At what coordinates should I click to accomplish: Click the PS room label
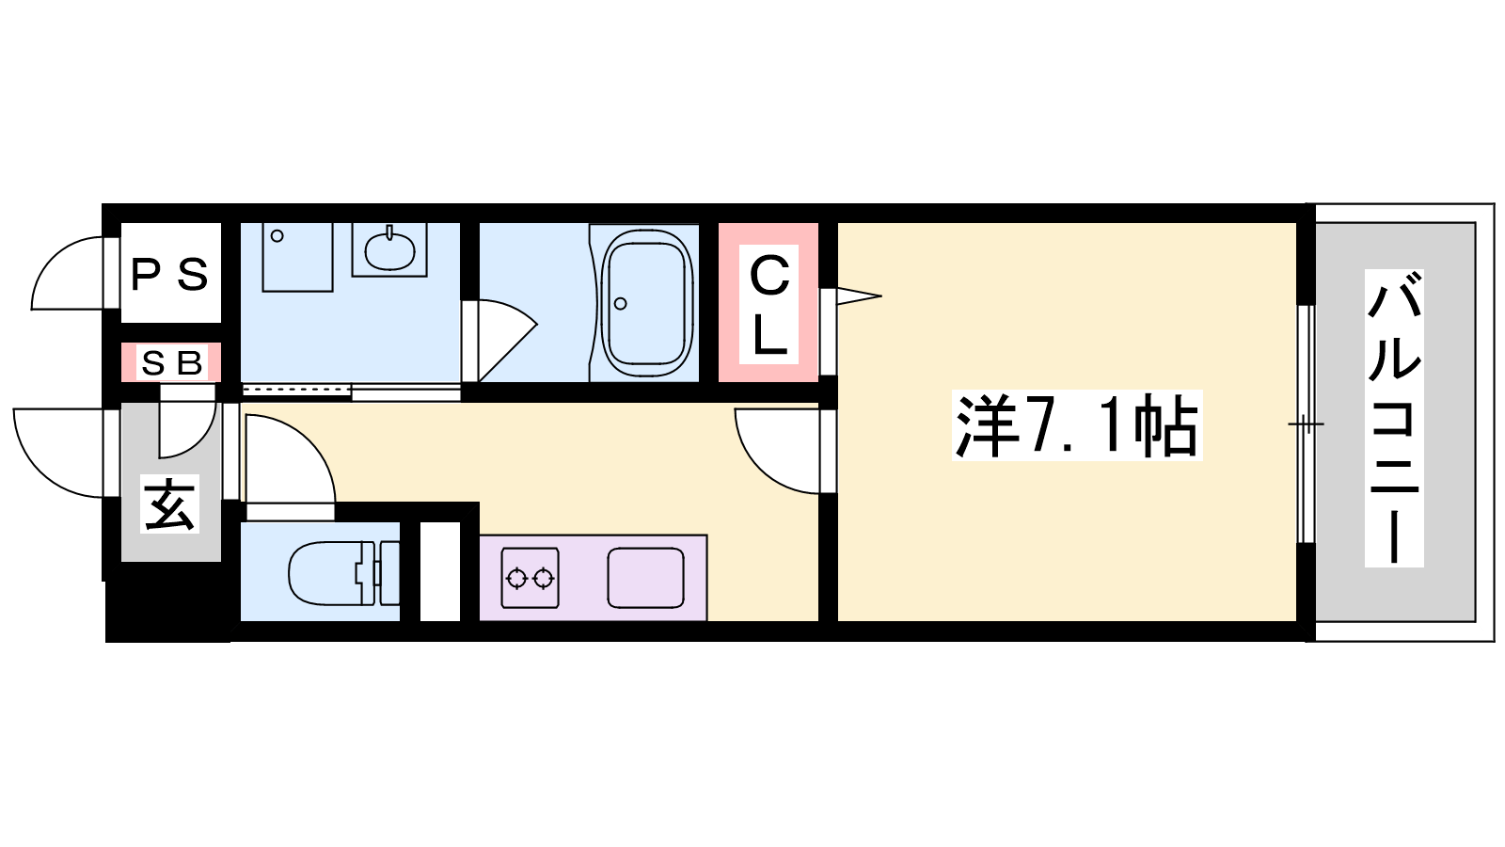(169, 275)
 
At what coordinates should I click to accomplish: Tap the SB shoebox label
(172, 363)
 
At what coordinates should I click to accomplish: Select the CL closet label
(769, 304)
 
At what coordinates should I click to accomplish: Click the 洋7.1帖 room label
(1077, 424)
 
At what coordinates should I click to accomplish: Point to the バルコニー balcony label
(1394, 418)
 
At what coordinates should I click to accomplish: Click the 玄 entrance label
(169, 504)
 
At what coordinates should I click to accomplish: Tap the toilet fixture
(343, 573)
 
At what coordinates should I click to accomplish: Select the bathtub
(647, 303)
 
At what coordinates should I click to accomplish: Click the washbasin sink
(389, 250)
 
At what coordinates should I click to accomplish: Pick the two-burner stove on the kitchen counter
(531, 578)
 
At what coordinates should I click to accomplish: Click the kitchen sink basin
(645, 578)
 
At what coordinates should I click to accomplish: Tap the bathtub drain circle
(620, 304)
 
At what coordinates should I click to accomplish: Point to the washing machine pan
(297, 257)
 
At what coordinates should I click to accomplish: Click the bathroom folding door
(499, 342)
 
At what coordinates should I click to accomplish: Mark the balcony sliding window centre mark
(1306, 424)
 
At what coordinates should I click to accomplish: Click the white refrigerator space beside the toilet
(440, 571)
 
